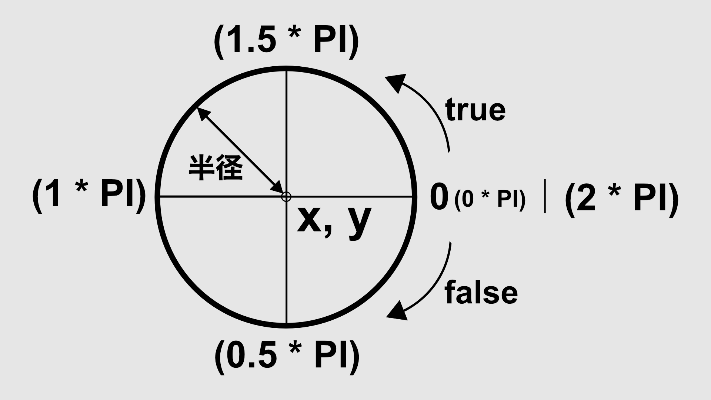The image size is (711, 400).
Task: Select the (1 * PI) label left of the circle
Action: (89, 194)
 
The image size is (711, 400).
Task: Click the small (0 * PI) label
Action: (490, 200)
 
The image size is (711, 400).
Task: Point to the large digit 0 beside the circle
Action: (439, 197)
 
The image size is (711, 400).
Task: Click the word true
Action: (475, 110)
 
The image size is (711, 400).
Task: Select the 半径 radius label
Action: (216, 168)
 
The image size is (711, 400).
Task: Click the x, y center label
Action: (334, 221)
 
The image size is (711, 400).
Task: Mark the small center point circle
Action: (286, 197)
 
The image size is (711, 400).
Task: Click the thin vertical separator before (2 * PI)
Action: (545, 197)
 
